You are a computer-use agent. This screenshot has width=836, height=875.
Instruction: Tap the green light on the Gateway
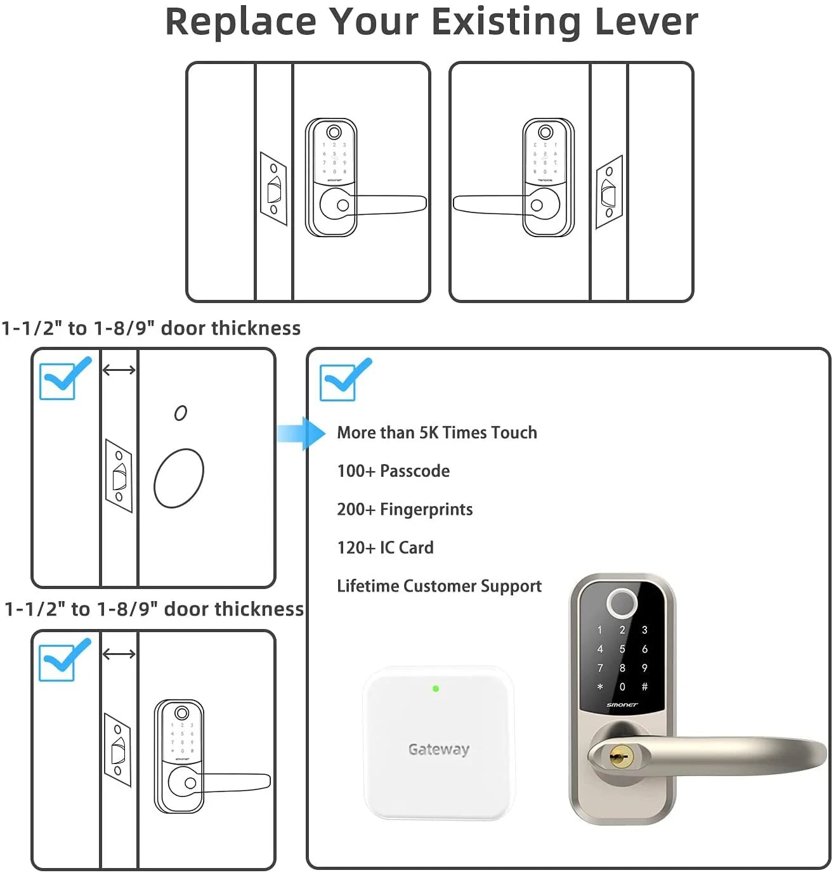click(436, 689)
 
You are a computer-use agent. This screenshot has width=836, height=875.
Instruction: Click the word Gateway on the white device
click(439, 749)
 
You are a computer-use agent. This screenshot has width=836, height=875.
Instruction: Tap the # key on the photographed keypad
click(644, 687)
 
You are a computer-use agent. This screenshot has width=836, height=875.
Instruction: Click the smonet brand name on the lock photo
click(622, 705)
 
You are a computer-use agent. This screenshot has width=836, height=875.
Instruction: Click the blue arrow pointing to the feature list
click(302, 434)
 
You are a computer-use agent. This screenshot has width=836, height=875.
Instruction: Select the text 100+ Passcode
click(393, 471)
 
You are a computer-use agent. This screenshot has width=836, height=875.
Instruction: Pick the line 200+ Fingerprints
click(405, 509)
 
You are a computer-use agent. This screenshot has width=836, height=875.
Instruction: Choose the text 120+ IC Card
click(385, 548)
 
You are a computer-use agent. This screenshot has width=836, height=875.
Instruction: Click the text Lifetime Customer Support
click(439, 586)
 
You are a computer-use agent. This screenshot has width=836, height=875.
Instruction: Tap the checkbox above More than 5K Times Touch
click(339, 382)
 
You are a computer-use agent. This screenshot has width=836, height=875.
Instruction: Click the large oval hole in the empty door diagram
click(179, 478)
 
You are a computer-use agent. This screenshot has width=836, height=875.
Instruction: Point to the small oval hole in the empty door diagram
click(181, 413)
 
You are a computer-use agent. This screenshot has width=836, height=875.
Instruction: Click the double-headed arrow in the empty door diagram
click(119, 370)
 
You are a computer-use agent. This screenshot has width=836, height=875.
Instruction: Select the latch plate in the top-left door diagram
click(273, 188)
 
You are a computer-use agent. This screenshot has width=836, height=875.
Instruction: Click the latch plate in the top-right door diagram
click(609, 191)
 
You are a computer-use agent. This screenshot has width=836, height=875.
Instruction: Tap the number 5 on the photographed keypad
click(622, 649)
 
